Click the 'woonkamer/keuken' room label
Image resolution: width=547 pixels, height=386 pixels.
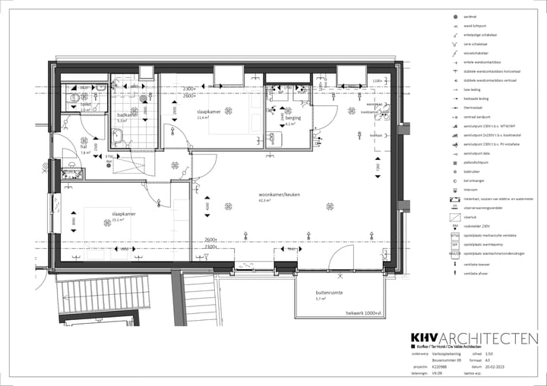coord(280,195)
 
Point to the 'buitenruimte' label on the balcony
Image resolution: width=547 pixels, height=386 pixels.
coord(329,292)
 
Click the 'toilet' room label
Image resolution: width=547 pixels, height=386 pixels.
coord(85,104)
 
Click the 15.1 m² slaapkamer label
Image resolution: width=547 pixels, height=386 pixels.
coord(123,215)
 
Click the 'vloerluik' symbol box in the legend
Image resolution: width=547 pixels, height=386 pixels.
coord(454,217)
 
